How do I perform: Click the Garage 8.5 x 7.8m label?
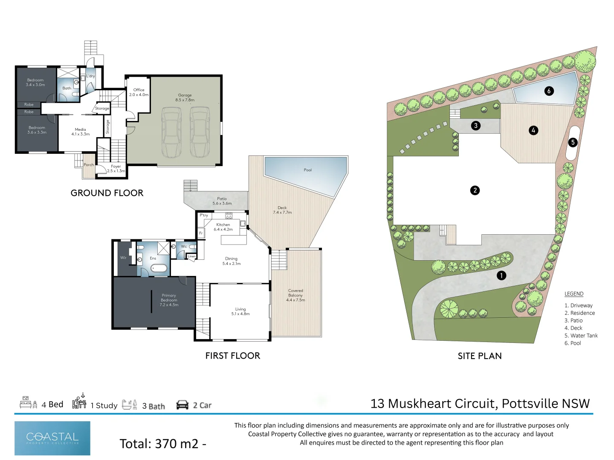(185, 98)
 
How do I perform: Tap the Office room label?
(139, 92)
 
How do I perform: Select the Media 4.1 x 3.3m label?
(80, 132)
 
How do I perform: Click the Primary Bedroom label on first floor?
(169, 300)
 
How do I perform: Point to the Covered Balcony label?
(295, 295)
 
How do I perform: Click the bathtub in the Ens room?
(159, 268)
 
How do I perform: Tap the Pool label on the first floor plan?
(307, 170)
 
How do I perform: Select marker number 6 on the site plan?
(549, 91)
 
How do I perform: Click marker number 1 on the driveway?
(501, 276)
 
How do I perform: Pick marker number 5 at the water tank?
(573, 142)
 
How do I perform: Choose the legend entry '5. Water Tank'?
(581, 336)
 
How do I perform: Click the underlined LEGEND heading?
(573, 294)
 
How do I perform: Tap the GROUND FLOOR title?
(107, 193)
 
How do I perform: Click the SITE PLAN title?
(480, 356)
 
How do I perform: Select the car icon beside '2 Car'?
(182, 405)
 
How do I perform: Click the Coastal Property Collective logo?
(52, 438)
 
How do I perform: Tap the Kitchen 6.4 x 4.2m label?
(223, 227)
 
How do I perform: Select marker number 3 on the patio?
(475, 126)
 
